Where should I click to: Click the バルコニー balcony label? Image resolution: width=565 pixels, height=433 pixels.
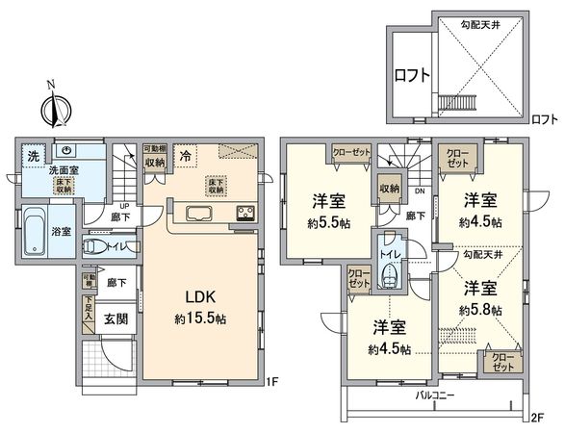pyautogui.click(x=434, y=395)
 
